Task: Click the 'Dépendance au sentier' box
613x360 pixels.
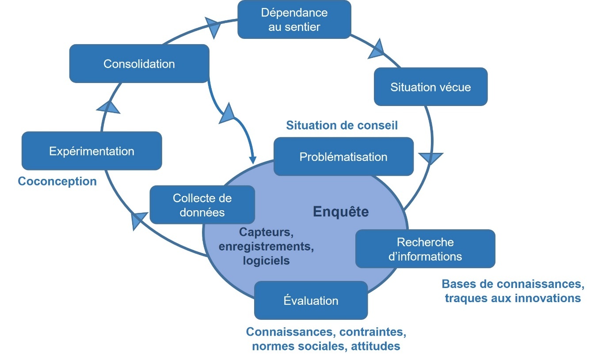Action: [x=294, y=19]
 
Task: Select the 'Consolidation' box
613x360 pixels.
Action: [x=139, y=64]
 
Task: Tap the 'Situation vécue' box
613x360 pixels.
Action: [x=430, y=87]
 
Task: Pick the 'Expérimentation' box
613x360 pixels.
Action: [x=91, y=151]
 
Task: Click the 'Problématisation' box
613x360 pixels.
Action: [x=343, y=156]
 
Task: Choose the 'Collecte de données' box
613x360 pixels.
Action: [x=202, y=205]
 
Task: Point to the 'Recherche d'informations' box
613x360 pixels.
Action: [x=425, y=249]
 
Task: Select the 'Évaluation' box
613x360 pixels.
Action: [x=311, y=300]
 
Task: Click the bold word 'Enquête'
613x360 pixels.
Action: [x=341, y=212]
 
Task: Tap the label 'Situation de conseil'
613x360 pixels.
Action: [x=342, y=125]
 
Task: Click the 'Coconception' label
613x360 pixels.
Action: [x=57, y=181]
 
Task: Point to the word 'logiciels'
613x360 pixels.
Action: [x=267, y=261]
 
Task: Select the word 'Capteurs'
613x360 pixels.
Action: [x=266, y=231]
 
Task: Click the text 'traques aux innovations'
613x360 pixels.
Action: [x=513, y=298]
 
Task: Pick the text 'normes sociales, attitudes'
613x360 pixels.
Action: [x=326, y=346]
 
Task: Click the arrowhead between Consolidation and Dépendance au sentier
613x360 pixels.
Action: [x=213, y=27]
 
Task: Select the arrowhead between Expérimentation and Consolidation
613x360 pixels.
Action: [x=109, y=106]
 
